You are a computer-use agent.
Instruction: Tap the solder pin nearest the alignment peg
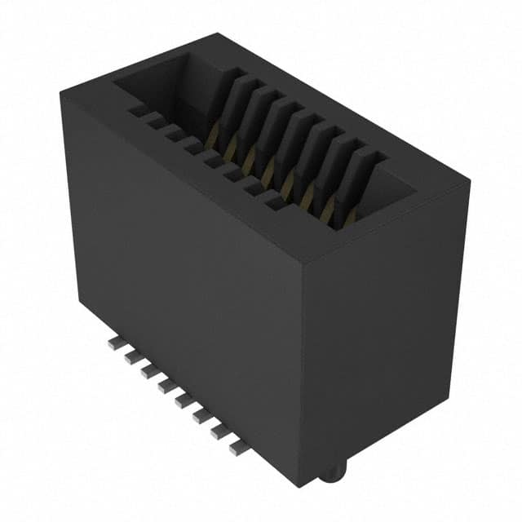[237, 447]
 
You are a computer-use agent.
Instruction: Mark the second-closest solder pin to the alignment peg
[219, 432]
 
